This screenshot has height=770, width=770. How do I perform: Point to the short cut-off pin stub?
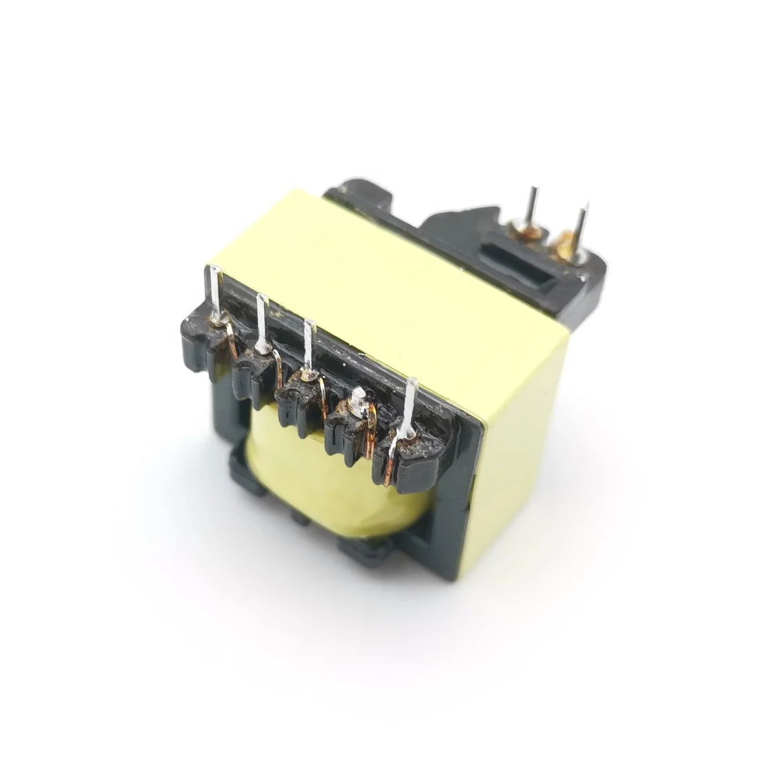click(358, 397)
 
